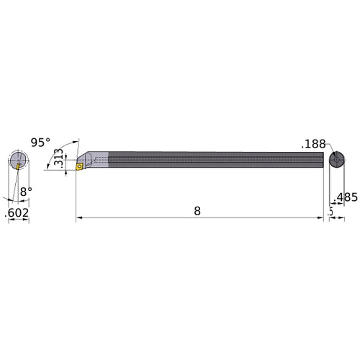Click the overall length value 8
point(197,211)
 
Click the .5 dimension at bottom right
point(330,211)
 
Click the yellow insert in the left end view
point(19,166)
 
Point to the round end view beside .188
point(336,160)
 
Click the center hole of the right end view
point(336,160)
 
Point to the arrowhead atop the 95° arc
point(77,142)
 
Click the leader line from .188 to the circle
point(328,149)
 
